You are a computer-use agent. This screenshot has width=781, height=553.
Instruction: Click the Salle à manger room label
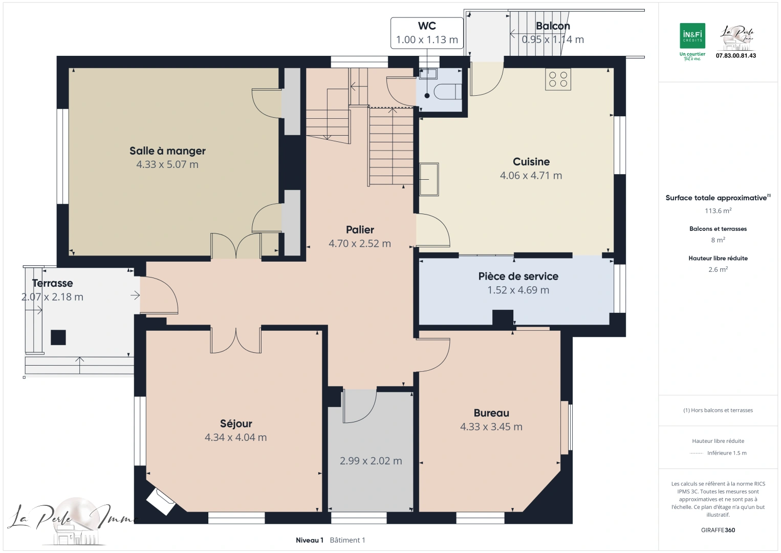click(167, 151)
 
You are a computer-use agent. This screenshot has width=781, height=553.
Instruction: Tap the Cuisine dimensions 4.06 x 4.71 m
click(531, 176)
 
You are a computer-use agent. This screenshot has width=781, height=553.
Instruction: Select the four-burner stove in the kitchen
click(558, 79)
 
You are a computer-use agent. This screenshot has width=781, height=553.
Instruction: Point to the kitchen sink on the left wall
click(429, 179)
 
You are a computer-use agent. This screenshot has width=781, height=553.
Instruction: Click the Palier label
click(360, 230)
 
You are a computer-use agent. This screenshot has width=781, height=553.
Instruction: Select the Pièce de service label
click(518, 276)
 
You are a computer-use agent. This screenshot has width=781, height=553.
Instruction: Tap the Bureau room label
click(491, 413)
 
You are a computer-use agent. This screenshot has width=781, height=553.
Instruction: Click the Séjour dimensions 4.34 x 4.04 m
click(235, 437)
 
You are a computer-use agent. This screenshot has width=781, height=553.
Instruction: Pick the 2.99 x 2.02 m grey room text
click(371, 461)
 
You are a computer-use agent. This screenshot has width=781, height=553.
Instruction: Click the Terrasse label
click(52, 283)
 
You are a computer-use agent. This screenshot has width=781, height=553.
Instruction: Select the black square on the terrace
click(58, 337)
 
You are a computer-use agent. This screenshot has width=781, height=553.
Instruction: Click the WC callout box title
click(427, 26)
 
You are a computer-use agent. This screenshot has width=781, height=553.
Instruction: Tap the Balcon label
click(553, 26)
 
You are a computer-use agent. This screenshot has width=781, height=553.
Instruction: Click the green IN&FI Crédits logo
click(692, 36)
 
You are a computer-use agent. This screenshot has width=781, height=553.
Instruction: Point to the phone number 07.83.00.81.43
click(735, 56)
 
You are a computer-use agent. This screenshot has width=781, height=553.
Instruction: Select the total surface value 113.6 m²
click(718, 210)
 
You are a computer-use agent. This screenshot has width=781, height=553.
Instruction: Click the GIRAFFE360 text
click(718, 530)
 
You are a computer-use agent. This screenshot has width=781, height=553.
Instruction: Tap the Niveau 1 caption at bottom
click(310, 540)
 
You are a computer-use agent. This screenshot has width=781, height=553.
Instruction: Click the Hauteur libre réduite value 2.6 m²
click(718, 269)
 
